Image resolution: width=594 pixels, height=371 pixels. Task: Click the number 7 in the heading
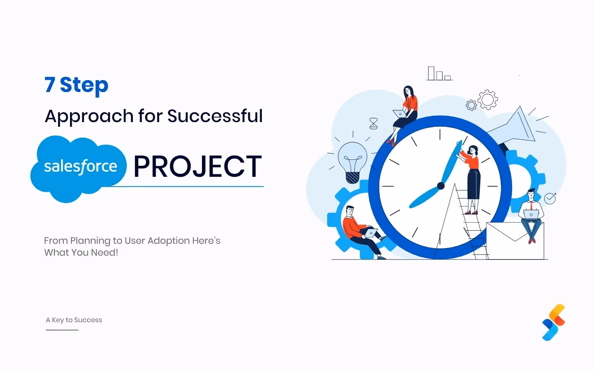(50, 85)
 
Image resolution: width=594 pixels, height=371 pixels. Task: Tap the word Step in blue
(84, 86)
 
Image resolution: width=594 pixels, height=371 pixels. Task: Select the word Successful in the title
(215, 116)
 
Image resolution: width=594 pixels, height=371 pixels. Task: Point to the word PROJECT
(198, 167)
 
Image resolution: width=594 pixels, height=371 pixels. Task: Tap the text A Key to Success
(74, 320)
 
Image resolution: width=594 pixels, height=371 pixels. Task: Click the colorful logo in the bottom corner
(554, 322)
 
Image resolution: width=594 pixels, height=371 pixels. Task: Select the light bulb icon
(353, 161)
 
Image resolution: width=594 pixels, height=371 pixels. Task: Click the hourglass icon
(373, 123)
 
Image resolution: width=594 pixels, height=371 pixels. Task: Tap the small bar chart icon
(439, 74)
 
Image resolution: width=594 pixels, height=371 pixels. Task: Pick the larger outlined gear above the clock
(488, 100)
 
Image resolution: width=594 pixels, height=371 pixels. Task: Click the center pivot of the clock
(441, 186)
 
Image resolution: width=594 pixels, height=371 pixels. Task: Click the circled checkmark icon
(550, 198)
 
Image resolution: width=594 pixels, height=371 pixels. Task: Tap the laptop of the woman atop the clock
(400, 114)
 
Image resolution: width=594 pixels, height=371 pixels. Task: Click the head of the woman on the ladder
(473, 150)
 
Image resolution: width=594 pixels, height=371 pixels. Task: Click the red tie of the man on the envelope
(531, 206)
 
